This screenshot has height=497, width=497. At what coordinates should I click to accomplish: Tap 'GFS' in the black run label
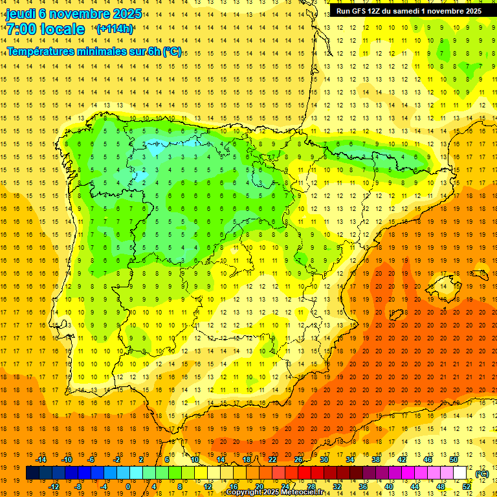(361, 11)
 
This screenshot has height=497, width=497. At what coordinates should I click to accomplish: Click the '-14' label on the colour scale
(41, 459)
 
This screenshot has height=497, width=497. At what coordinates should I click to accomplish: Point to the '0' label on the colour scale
(128, 487)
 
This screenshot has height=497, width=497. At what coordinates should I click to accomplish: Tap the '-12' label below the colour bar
(54, 487)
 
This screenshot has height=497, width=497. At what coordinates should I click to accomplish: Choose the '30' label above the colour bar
(324, 459)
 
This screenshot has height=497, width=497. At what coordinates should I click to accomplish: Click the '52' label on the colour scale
(467, 487)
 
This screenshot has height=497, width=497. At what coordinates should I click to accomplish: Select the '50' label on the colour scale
(454, 459)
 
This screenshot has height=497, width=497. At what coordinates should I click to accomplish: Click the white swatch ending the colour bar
(460, 473)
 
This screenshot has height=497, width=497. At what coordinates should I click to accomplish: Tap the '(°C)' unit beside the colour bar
(481, 474)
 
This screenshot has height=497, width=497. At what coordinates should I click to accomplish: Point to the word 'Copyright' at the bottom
(243, 492)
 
